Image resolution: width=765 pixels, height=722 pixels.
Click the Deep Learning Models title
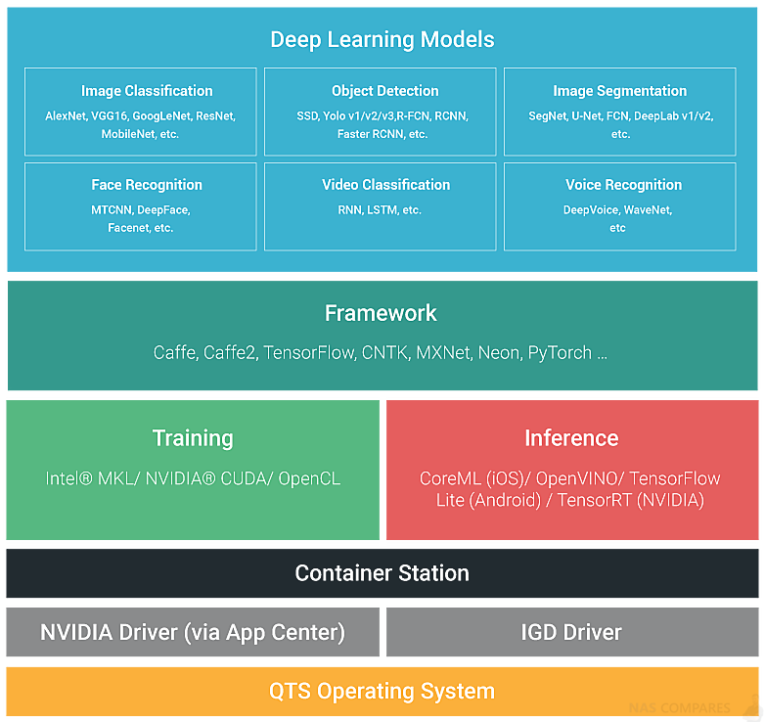pos(382,40)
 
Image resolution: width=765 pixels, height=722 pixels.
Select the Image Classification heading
pos(147,91)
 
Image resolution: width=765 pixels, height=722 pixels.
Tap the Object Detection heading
pos(384,91)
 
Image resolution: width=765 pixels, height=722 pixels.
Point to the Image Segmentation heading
pos(619,91)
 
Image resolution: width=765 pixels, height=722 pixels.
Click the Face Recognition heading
pos(147,185)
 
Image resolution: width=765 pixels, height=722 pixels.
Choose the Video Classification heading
pos(385,185)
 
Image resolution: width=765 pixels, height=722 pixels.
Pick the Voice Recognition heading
pos(623,185)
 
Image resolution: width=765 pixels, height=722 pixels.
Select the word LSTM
pos(382,210)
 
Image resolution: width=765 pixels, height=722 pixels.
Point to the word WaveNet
pos(648,210)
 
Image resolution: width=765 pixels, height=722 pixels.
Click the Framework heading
pos(381,313)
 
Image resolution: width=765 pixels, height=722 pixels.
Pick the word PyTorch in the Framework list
pos(560,353)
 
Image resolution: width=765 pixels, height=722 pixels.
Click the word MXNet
pos(444,353)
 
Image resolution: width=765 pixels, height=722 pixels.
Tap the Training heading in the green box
pos(193,438)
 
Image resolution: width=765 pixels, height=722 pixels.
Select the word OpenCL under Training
pos(309,478)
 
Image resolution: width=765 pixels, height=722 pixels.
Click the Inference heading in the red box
pos(572,438)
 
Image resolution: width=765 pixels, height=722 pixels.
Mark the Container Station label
pos(382,573)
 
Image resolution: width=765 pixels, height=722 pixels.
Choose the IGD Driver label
pos(571,632)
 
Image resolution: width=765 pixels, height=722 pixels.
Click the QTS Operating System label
pos(382,692)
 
